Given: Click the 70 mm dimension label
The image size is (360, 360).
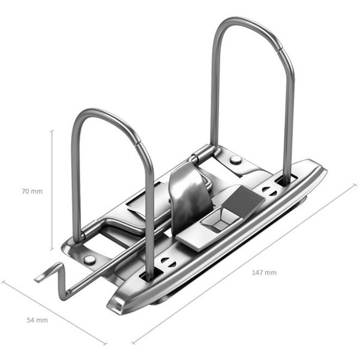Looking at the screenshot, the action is pos(32,191).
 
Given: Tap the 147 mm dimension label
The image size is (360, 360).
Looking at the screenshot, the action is pos(264,272).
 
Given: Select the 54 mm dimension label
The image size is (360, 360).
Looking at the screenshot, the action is pos(37,320).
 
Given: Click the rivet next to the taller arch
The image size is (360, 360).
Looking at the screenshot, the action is pos(236,160).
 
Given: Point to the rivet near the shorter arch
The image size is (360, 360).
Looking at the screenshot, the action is pos(89,260).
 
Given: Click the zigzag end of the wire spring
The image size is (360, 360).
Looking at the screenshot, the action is pos(53,280).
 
